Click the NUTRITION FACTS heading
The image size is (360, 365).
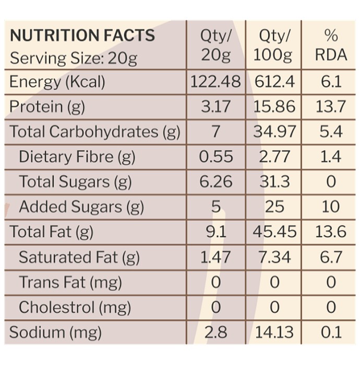[82, 35]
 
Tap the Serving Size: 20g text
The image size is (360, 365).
[74, 58]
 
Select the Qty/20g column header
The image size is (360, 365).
[216, 45]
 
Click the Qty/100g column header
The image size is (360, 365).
[273, 45]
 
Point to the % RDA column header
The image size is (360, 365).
[331, 45]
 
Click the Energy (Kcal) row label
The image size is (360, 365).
[57, 82]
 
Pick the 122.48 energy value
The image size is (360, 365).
[215, 82]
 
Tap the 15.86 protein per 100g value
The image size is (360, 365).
[274, 106]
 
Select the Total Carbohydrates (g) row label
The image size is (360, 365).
[95, 132]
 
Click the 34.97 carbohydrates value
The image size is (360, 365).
[274, 131]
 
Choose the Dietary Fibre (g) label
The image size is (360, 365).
[77, 157]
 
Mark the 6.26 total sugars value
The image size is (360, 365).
[216, 181]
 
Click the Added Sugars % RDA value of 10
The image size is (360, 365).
[331, 206]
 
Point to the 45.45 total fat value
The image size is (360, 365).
[274, 232]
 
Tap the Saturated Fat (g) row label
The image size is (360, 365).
[79, 258]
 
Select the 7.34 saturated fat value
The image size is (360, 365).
[274, 257]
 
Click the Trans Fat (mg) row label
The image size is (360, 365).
[70, 283]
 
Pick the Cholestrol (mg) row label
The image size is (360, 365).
[75, 308]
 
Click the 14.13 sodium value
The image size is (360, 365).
[274, 332]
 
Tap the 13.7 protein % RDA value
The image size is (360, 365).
[331, 106]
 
